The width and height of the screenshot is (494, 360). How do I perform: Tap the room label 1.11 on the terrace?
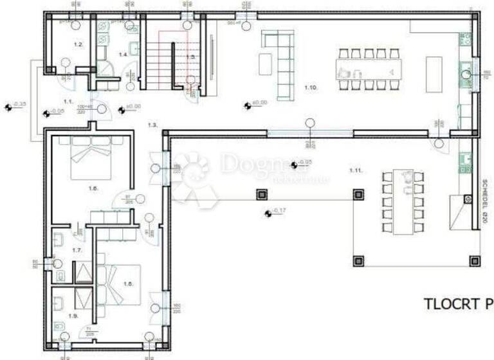(354, 170)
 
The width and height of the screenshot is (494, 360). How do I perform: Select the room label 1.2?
(78, 44)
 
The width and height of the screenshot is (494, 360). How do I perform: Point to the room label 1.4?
(123, 55)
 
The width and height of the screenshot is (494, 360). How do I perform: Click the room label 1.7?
(77, 249)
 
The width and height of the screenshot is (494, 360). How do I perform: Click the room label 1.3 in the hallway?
(152, 124)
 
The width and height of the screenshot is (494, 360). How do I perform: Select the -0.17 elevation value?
(279, 211)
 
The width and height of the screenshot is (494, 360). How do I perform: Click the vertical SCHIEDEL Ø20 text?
(484, 199)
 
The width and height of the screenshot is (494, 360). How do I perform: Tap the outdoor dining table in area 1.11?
(404, 201)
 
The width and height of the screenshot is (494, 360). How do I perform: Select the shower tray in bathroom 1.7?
(84, 273)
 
